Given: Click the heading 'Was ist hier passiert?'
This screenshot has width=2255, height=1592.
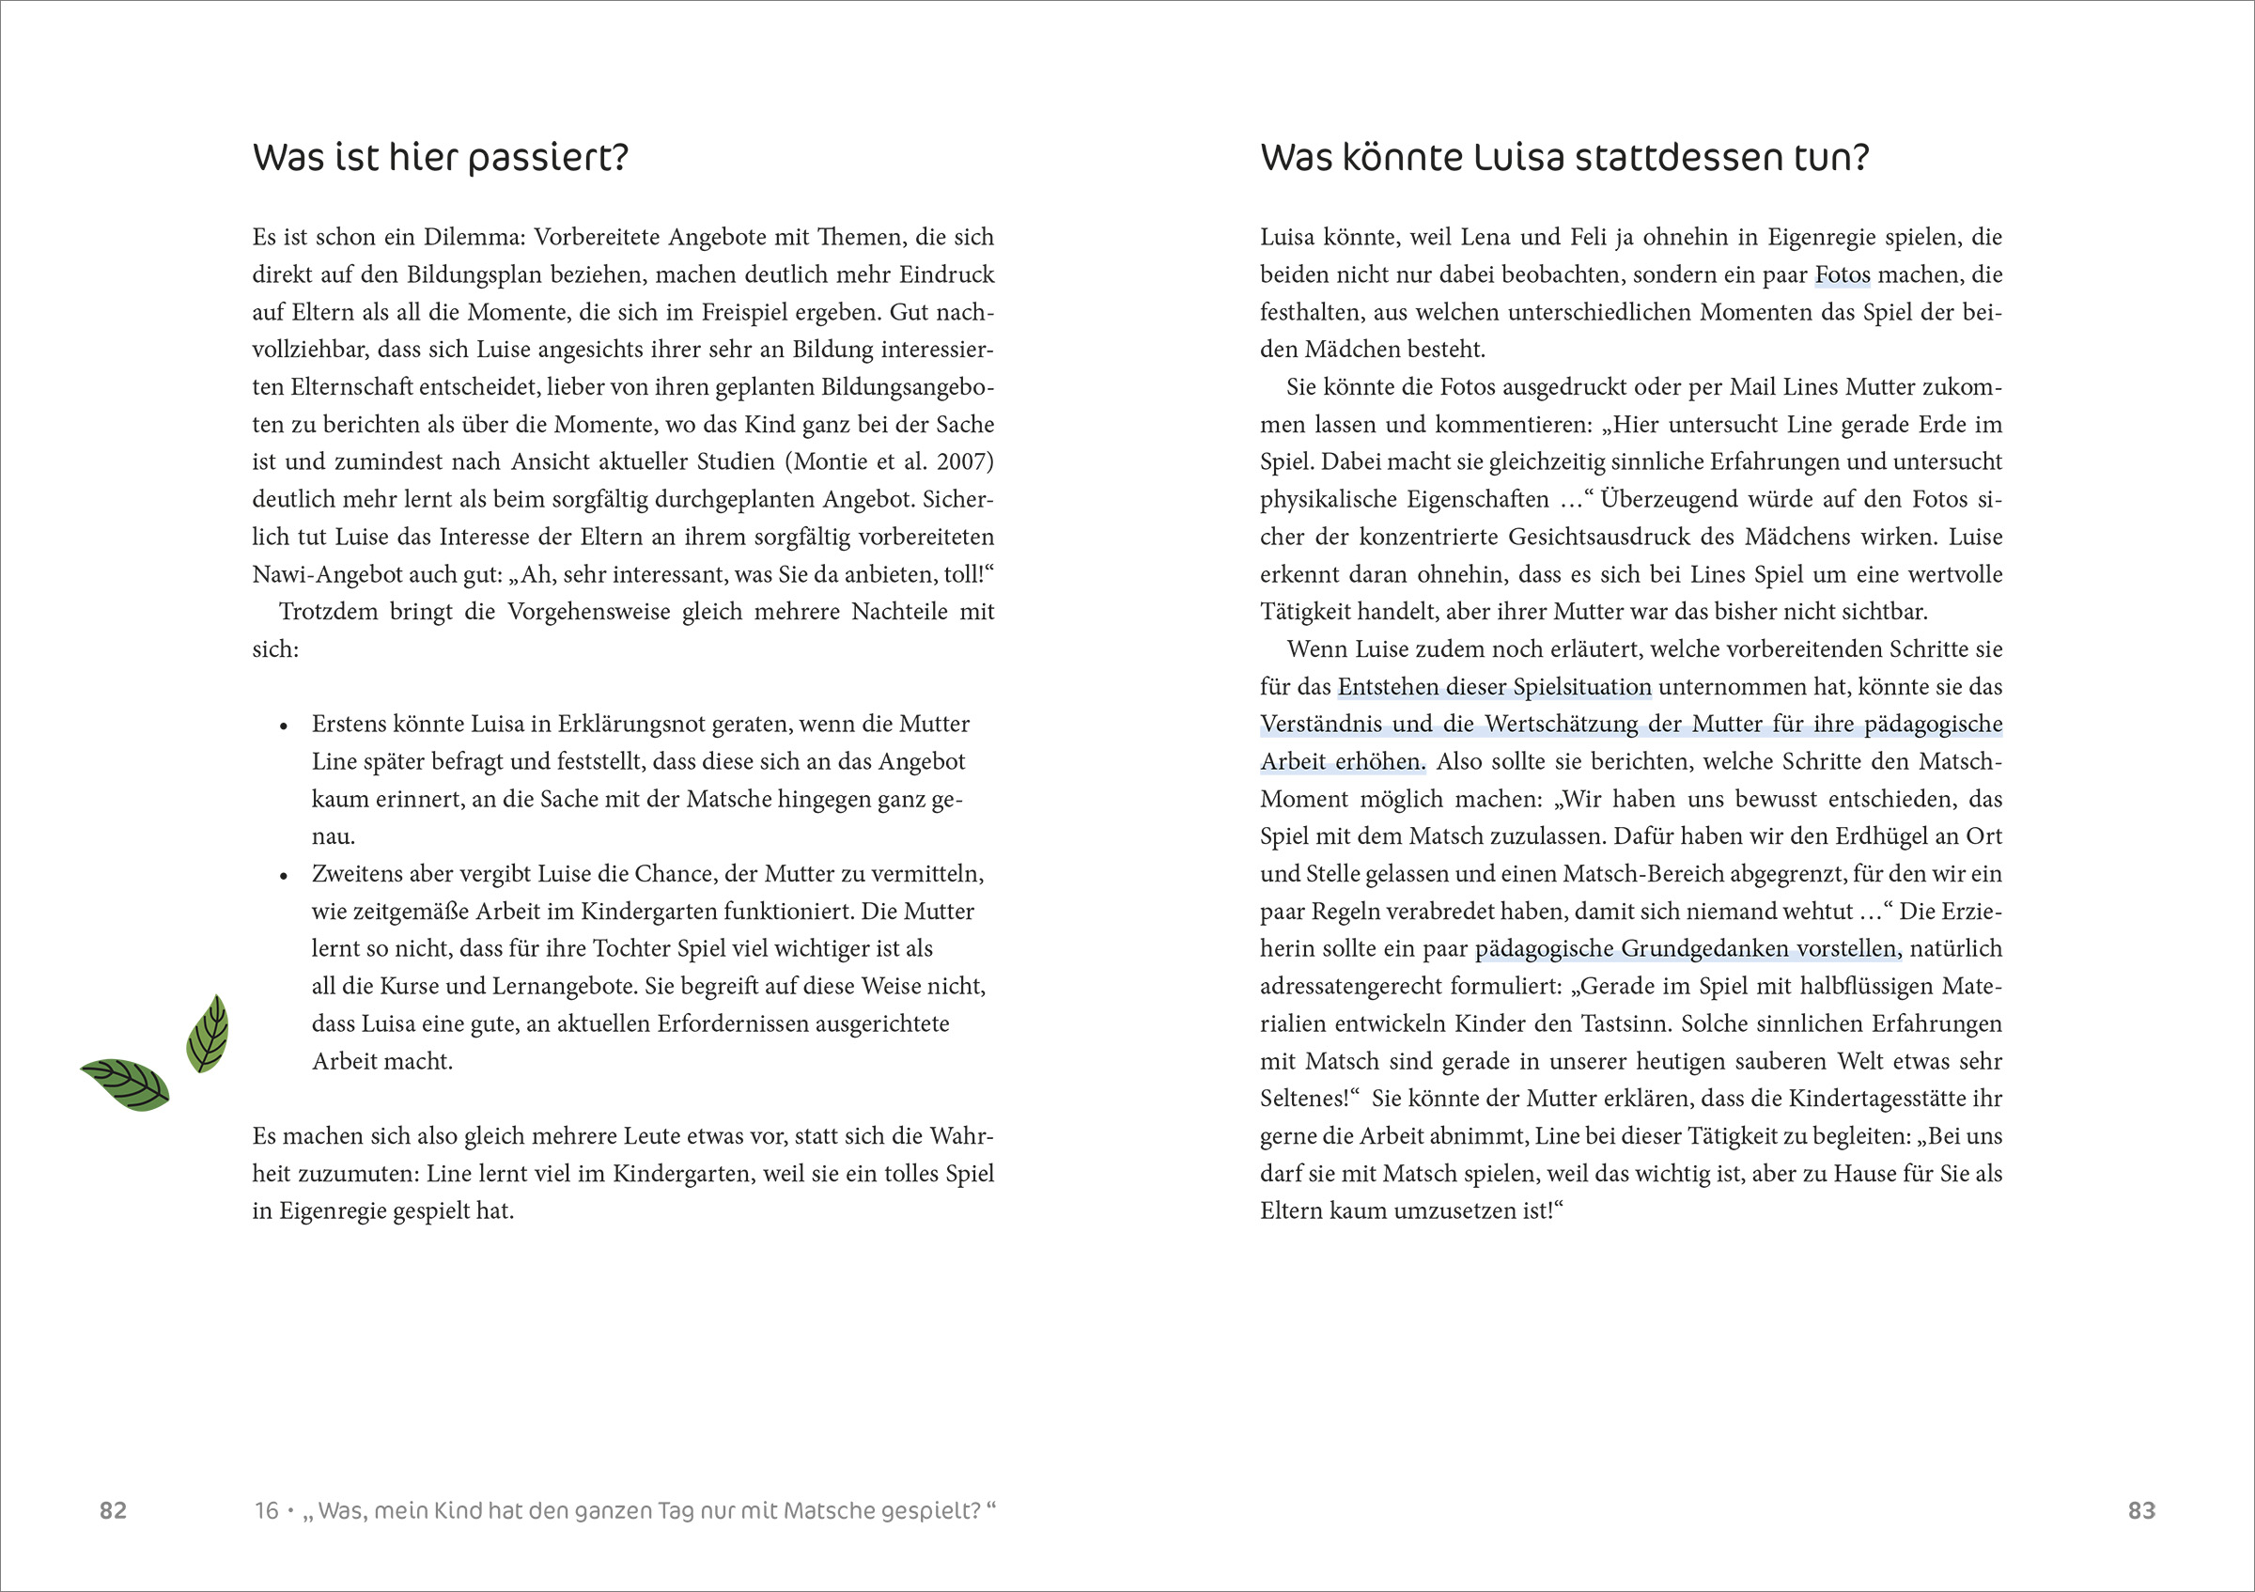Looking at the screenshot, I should pyautogui.click(x=440, y=158).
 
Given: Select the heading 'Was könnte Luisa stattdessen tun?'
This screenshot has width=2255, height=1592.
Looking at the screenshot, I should pyautogui.click(x=1563, y=158).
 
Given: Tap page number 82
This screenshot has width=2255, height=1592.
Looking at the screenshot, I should pyautogui.click(x=113, y=1510).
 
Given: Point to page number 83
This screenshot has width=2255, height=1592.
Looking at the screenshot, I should pyautogui.click(x=2141, y=1510).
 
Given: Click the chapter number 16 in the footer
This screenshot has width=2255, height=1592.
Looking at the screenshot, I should pyautogui.click(x=266, y=1510).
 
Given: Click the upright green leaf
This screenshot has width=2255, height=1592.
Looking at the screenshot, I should pyautogui.click(x=208, y=1032).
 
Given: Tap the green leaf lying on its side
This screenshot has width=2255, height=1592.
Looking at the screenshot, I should pyautogui.click(x=125, y=1085).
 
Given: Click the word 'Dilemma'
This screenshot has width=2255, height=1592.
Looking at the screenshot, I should pyautogui.click(x=473, y=237).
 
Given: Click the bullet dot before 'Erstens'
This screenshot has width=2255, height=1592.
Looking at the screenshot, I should pyautogui.click(x=284, y=726).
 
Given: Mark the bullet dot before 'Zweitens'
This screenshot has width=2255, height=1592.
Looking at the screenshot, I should pyautogui.click(x=284, y=876).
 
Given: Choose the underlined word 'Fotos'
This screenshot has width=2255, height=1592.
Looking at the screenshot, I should pyautogui.click(x=1843, y=275).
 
